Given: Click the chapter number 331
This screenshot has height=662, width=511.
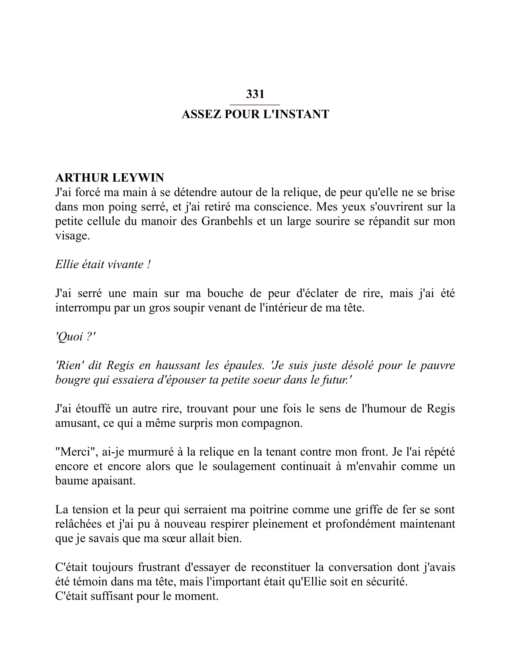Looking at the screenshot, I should [255, 94].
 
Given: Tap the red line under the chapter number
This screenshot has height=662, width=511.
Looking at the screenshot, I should [255, 105].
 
